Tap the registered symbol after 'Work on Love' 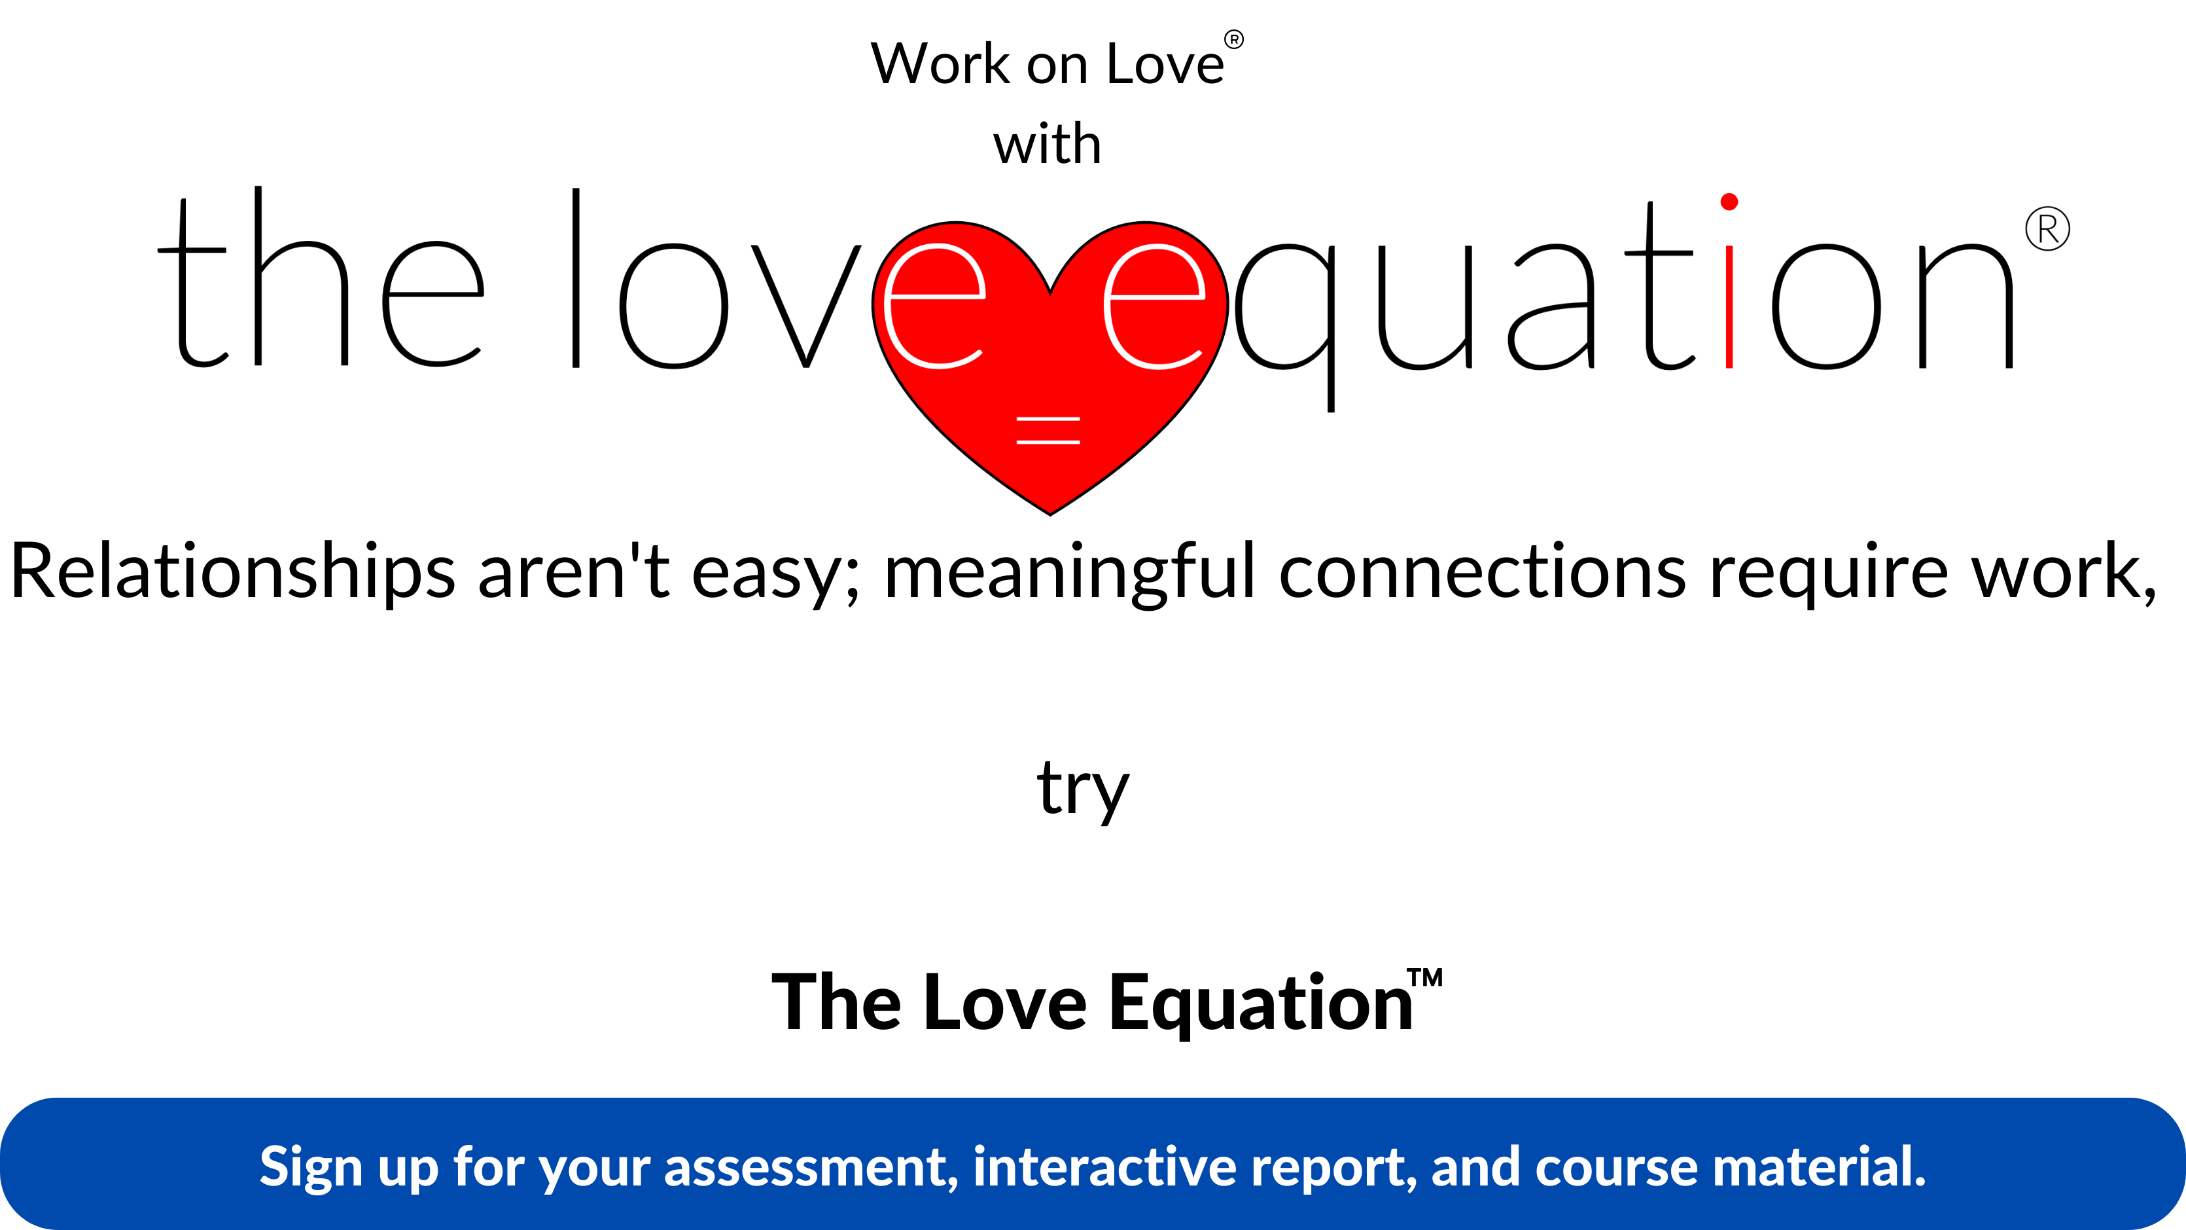tap(1234, 39)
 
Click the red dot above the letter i tap(1729, 201)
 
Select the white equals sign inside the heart tap(1048, 430)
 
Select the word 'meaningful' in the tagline tap(1069, 575)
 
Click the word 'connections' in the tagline tap(1482, 571)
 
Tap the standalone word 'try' tap(1084, 789)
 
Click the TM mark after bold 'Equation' tap(1425, 977)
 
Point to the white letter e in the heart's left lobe tap(935, 306)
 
